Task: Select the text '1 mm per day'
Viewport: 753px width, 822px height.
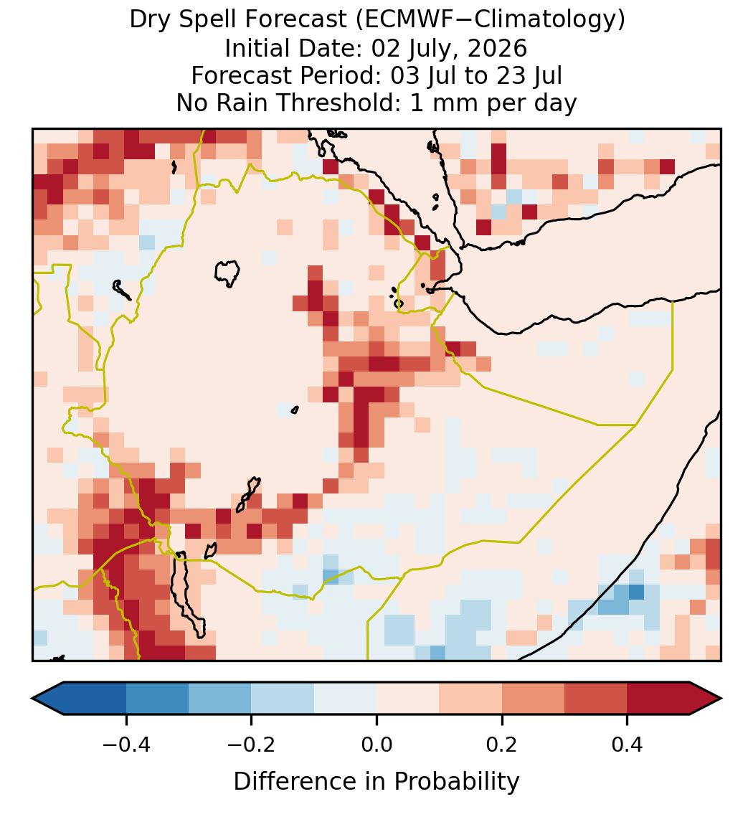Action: tap(493, 103)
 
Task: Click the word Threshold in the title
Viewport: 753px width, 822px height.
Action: tap(338, 103)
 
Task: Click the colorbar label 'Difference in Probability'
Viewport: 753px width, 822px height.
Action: tap(376, 782)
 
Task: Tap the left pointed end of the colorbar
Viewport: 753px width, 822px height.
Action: tap(32, 699)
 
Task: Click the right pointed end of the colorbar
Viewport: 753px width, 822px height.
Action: tap(721, 699)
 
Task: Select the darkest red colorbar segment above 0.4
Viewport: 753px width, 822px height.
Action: tap(658, 699)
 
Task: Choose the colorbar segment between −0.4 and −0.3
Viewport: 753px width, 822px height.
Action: tap(157, 699)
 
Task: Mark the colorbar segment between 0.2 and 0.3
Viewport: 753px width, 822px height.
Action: tap(533, 699)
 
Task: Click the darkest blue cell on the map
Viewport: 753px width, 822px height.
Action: tap(636, 592)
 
